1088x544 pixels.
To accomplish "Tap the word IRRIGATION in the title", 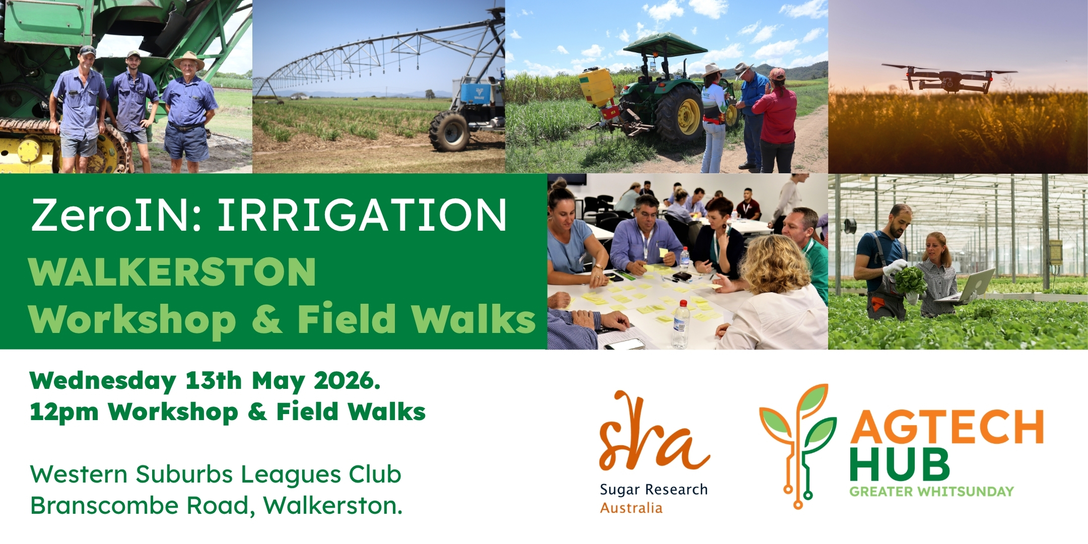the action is point(362,215).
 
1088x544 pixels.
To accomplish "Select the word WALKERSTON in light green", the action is point(173,272).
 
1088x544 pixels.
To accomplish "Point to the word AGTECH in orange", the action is point(947,427).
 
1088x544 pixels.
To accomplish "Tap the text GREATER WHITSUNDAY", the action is point(931,491).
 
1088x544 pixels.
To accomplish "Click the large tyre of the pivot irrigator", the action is point(449,131).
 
